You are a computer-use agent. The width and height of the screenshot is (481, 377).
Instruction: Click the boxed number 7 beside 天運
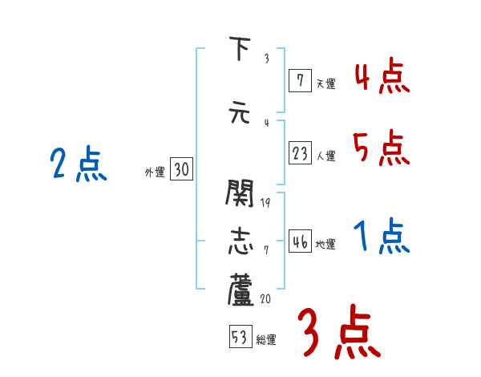(299, 80)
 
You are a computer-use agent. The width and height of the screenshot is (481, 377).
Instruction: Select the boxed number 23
(300, 154)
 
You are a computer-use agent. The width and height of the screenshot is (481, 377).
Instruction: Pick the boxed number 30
(181, 169)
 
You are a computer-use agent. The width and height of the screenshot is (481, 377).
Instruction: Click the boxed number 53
(239, 338)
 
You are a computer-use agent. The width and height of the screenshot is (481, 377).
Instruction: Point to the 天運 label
(325, 82)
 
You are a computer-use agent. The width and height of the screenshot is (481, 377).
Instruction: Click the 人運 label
(325, 156)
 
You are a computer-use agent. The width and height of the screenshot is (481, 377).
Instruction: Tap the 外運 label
(155, 171)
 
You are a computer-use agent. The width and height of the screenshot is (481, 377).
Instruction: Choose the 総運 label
(266, 339)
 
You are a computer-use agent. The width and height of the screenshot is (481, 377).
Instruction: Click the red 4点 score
(382, 79)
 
